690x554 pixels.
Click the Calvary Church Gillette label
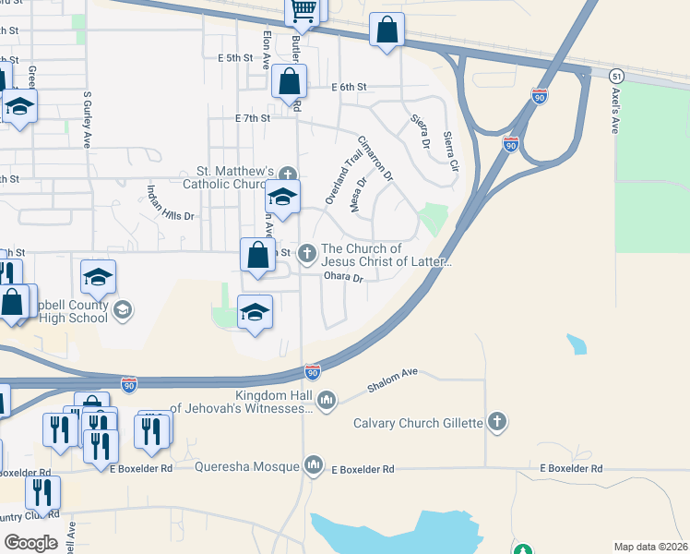pos(419,424)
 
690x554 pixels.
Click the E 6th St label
pos(350,87)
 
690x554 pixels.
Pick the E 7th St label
pos(253,119)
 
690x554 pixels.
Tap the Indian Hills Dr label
pos(171,204)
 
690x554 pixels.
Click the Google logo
pos(30,543)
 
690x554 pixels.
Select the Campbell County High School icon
pos(122,311)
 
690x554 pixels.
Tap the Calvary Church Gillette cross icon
pos(497,423)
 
